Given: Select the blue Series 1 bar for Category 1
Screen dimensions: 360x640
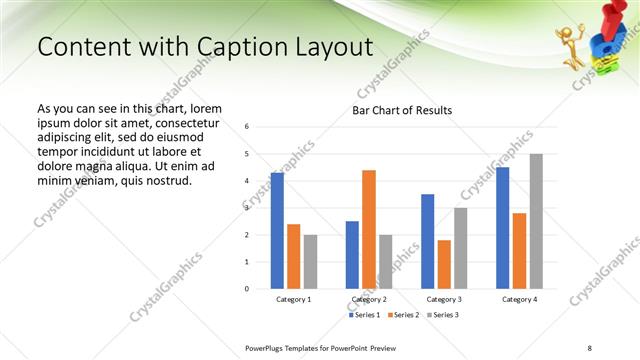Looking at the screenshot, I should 277,231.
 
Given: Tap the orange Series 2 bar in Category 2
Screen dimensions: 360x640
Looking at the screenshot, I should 369,229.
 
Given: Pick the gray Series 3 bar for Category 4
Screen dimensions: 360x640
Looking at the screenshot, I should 536,221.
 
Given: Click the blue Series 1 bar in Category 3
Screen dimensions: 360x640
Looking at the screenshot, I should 427,241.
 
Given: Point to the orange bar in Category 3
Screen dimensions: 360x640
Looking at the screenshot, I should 444,264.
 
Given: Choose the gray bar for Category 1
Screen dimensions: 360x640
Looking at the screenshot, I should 310,262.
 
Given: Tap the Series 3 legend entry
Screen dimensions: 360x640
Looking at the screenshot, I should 444,315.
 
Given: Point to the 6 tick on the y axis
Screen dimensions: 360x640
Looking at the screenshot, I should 247,127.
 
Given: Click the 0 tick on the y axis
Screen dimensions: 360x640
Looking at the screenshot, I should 247,289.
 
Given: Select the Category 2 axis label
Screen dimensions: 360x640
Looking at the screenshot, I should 369,299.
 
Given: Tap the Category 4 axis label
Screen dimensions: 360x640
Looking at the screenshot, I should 519,299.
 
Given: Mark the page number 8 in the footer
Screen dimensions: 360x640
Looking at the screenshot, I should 589,347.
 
